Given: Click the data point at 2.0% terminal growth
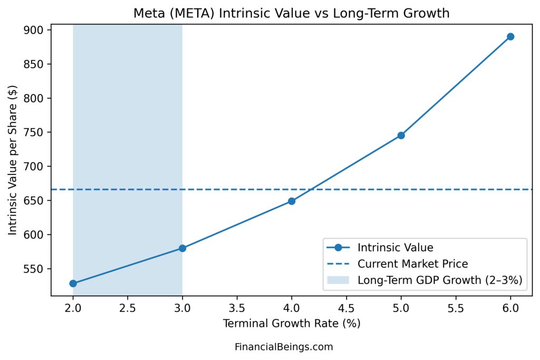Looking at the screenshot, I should [x=73, y=284].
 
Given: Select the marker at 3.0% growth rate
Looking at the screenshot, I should [x=182, y=248].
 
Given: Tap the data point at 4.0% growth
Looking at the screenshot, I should [x=292, y=201].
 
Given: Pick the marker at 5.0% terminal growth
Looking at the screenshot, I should [x=401, y=135].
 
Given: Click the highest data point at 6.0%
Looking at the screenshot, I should [x=510, y=36].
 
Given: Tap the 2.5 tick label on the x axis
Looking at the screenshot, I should [x=128, y=307].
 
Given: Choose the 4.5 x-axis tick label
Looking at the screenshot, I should [x=346, y=307].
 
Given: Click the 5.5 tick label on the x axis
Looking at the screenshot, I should [x=456, y=307].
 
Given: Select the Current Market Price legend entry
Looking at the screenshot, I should [x=412, y=264].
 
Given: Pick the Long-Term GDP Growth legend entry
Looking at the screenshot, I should [x=439, y=280].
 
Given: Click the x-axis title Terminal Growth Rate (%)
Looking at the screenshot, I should [x=292, y=323].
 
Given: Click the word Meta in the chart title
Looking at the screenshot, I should [x=147, y=13].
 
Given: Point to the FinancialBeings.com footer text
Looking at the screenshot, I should [x=284, y=347].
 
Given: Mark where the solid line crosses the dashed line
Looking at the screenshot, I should [x=312, y=189].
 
